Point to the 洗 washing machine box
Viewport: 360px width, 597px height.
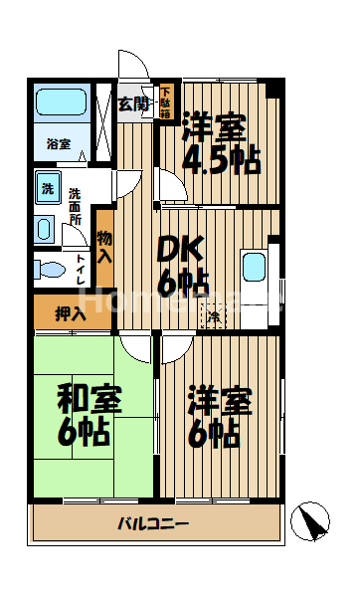click(47, 187)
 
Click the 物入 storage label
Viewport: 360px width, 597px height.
click(104, 246)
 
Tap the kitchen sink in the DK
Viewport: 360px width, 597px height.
click(255, 268)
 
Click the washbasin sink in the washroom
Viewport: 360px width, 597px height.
click(45, 229)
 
